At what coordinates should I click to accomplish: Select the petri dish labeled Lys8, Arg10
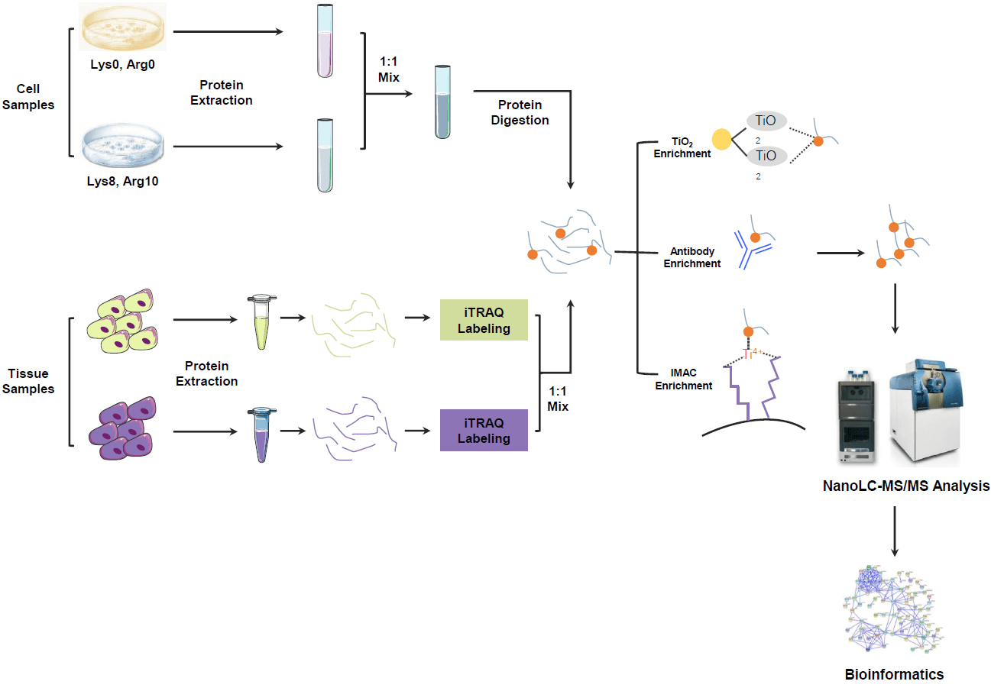(124, 148)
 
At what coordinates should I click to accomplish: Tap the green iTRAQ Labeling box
(484, 320)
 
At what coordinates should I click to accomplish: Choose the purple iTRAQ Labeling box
(484, 431)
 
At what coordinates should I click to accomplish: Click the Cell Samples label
(28, 98)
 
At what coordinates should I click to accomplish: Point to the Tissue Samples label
(31, 381)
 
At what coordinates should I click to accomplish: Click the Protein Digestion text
(520, 112)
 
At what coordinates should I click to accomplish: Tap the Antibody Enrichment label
(691, 257)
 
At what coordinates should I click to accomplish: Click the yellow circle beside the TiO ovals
(721, 139)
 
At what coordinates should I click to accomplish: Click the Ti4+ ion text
(753, 354)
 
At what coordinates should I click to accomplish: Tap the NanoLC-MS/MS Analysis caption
(905, 486)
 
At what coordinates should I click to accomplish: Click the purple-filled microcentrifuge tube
(261, 434)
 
